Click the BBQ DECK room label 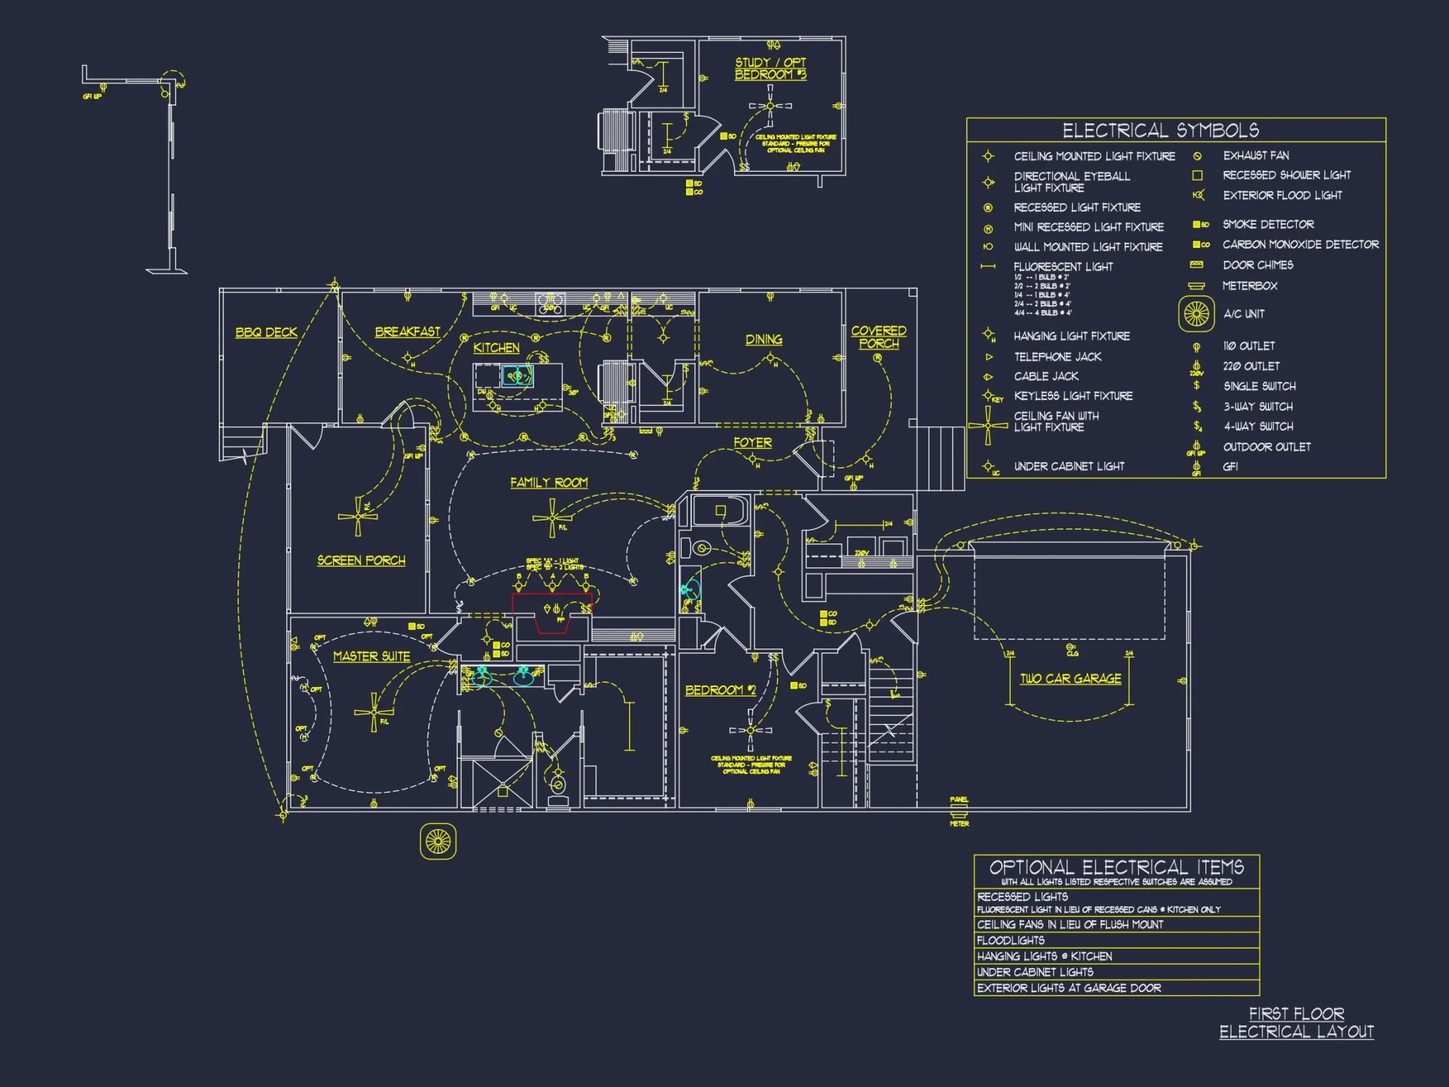pyautogui.click(x=266, y=333)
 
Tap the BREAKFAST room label pyautogui.click(x=407, y=332)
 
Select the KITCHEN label pyautogui.click(x=496, y=348)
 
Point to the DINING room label pyautogui.click(x=764, y=339)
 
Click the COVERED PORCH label pyautogui.click(x=878, y=337)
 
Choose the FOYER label pyautogui.click(x=752, y=442)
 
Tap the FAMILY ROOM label pyautogui.click(x=548, y=483)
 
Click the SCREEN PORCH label pyautogui.click(x=361, y=561)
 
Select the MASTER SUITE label pyautogui.click(x=371, y=657)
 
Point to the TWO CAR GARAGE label pyautogui.click(x=1070, y=679)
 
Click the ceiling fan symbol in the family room pyautogui.click(x=552, y=518)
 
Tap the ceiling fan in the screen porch pyautogui.click(x=358, y=516)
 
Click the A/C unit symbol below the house pyautogui.click(x=438, y=841)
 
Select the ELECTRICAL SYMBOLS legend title pyautogui.click(x=1160, y=130)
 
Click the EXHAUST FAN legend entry pyautogui.click(x=1255, y=156)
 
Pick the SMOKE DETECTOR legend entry pyautogui.click(x=1267, y=225)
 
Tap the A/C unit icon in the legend pyautogui.click(x=1196, y=314)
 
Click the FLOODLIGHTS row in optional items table pyautogui.click(x=1011, y=941)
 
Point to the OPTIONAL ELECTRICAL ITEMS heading pyautogui.click(x=1116, y=867)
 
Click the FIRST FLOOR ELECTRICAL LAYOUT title pyautogui.click(x=1296, y=1023)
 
